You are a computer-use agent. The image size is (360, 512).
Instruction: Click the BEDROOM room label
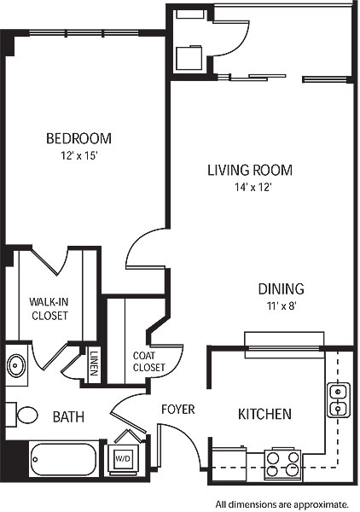(x=78, y=138)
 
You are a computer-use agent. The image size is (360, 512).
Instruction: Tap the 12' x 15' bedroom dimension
(x=79, y=156)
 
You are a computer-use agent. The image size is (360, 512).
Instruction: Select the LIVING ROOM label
(x=250, y=170)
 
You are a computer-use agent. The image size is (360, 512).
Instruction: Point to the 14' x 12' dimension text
(x=253, y=188)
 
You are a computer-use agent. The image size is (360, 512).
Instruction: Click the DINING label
(x=282, y=289)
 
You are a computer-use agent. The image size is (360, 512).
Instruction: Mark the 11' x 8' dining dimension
(x=282, y=306)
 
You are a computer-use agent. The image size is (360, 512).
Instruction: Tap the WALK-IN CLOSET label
(x=49, y=309)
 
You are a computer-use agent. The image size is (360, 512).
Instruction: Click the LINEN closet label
(x=94, y=363)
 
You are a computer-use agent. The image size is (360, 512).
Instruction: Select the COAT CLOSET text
(x=148, y=362)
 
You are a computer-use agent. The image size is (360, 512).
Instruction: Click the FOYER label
(x=178, y=409)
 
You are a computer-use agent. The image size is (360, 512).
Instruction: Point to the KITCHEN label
(x=264, y=414)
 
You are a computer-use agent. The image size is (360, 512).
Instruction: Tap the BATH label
(x=68, y=417)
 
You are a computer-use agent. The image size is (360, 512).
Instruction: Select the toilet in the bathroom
(x=22, y=415)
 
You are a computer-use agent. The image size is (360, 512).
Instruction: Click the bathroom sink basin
(x=16, y=365)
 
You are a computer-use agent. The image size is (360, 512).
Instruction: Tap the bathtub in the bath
(x=63, y=459)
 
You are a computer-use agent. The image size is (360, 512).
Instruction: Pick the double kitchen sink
(x=339, y=399)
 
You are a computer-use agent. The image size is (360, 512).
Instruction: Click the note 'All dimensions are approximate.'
(x=282, y=504)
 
